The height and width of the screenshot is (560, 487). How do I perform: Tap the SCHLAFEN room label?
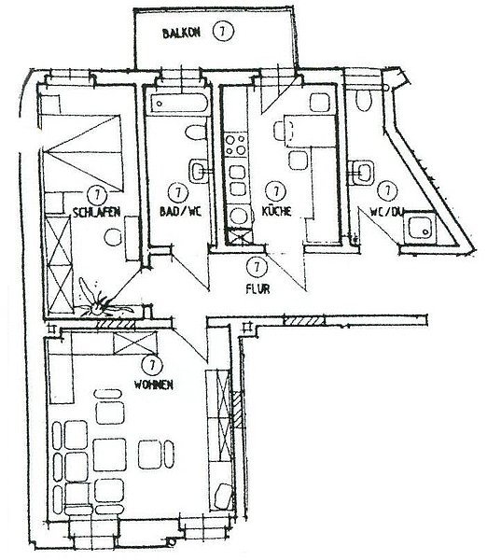coord(96,212)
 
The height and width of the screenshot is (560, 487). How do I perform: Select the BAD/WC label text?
coord(180,211)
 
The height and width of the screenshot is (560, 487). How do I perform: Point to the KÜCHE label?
coord(277,211)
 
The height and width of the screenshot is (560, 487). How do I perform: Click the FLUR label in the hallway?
coord(257,288)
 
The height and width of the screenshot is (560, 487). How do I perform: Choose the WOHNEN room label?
coord(154,385)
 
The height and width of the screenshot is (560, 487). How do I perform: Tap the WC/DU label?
coord(386,212)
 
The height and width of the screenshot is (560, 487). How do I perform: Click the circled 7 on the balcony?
coord(223,32)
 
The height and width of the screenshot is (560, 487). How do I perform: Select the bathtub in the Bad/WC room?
coord(178,104)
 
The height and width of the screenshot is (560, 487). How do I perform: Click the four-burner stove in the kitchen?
coord(236,145)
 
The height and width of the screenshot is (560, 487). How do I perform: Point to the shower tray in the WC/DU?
coord(421,229)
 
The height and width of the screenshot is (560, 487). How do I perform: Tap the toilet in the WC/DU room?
coord(365,99)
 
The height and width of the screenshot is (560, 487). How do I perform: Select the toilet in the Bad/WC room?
coord(196,133)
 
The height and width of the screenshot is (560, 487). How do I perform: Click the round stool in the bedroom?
coord(114,237)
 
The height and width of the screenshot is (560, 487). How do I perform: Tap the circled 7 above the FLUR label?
coord(257,267)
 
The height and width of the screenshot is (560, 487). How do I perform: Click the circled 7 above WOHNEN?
coord(152,365)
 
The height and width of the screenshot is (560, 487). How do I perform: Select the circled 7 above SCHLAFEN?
coord(97,195)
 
